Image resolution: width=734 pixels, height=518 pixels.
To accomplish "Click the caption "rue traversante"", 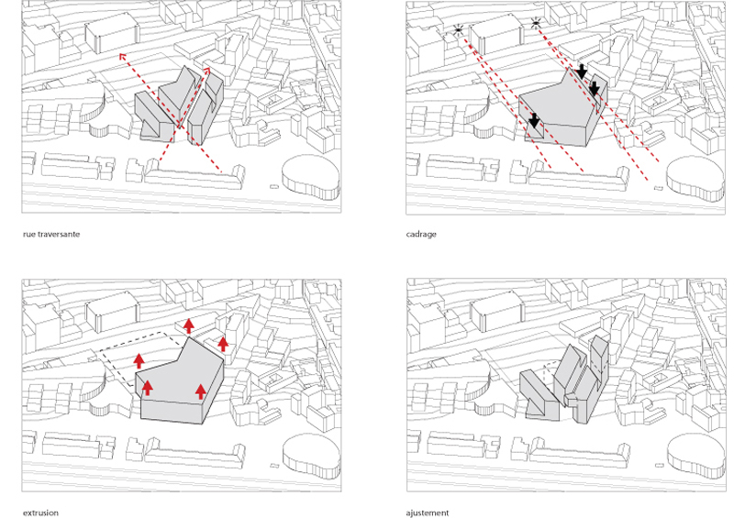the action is [51, 234].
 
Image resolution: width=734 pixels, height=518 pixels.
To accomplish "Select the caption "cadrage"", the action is [421, 234].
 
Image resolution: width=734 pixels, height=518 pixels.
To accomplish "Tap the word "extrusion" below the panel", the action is [40, 512].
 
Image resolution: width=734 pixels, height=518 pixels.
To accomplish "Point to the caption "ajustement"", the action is [428, 512].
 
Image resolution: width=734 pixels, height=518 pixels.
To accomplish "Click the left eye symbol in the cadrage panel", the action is [458, 31].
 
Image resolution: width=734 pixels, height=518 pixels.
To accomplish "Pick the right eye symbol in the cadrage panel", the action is [536, 22].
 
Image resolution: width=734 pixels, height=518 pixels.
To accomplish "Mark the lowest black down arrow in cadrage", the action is [534, 120].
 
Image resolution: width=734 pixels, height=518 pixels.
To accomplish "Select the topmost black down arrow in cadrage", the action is [582, 72].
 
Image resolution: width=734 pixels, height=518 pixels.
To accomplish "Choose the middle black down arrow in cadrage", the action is [594, 88].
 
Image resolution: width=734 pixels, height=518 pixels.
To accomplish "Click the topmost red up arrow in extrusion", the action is [189, 325].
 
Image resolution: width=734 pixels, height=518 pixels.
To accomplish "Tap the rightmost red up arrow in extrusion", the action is [223, 344].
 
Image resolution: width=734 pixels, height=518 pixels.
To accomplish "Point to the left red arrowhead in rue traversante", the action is [123, 57].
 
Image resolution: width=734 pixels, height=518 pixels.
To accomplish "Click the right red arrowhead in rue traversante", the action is [206, 71].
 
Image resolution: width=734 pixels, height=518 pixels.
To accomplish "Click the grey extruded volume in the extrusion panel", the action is [180, 381].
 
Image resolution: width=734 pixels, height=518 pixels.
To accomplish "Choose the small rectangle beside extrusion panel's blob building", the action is [273, 465].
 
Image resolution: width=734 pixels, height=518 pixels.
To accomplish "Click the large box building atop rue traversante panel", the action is [112, 33].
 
